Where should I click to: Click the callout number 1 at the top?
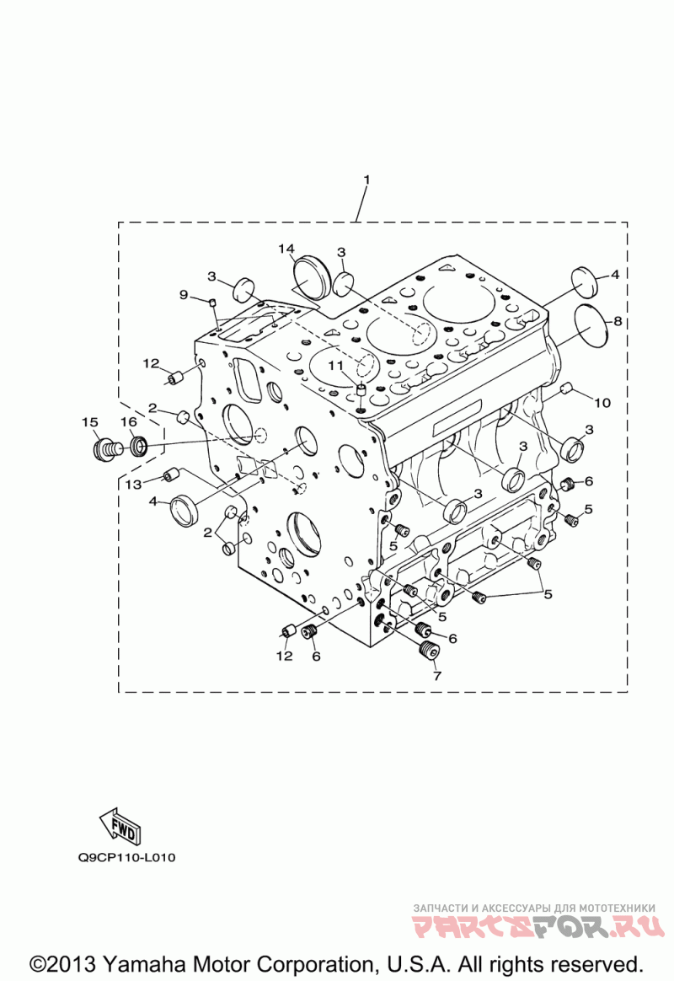[x=366, y=180]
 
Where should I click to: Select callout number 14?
[x=287, y=248]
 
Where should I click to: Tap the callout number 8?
[x=618, y=321]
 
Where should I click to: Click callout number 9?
[x=184, y=294]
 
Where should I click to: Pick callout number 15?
[x=90, y=421]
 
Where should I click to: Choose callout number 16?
[x=128, y=421]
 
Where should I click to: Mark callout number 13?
[x=134, y=484]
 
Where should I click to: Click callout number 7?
[x=436, y=675]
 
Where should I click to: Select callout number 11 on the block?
[x=336, y=365]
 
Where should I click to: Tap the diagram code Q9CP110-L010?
[x=126, y=858]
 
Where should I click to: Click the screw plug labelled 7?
[x=429, y=651]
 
